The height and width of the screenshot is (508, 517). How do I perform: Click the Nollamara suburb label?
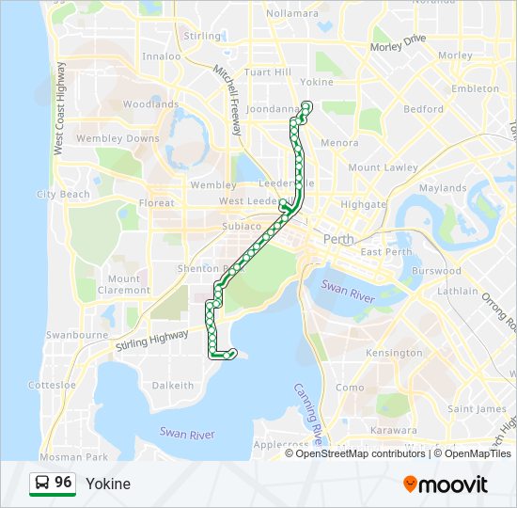coord(293,13)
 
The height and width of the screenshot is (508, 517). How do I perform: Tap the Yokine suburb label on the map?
coord(317,82)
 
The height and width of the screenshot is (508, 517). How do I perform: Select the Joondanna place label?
coord(271,109)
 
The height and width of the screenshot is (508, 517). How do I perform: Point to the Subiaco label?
coord(213,227)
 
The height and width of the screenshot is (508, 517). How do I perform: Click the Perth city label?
coord(338,239)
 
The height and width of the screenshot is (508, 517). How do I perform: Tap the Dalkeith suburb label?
coord(173,385)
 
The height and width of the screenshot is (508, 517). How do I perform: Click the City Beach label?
coord(63,194)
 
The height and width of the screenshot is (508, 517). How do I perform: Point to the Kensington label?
coord(394,353)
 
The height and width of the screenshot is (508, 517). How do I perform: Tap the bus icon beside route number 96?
coord(42,483)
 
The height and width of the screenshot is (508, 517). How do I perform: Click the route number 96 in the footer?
coord(63,483)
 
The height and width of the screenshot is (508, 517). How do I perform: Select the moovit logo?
coord(446,484)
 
